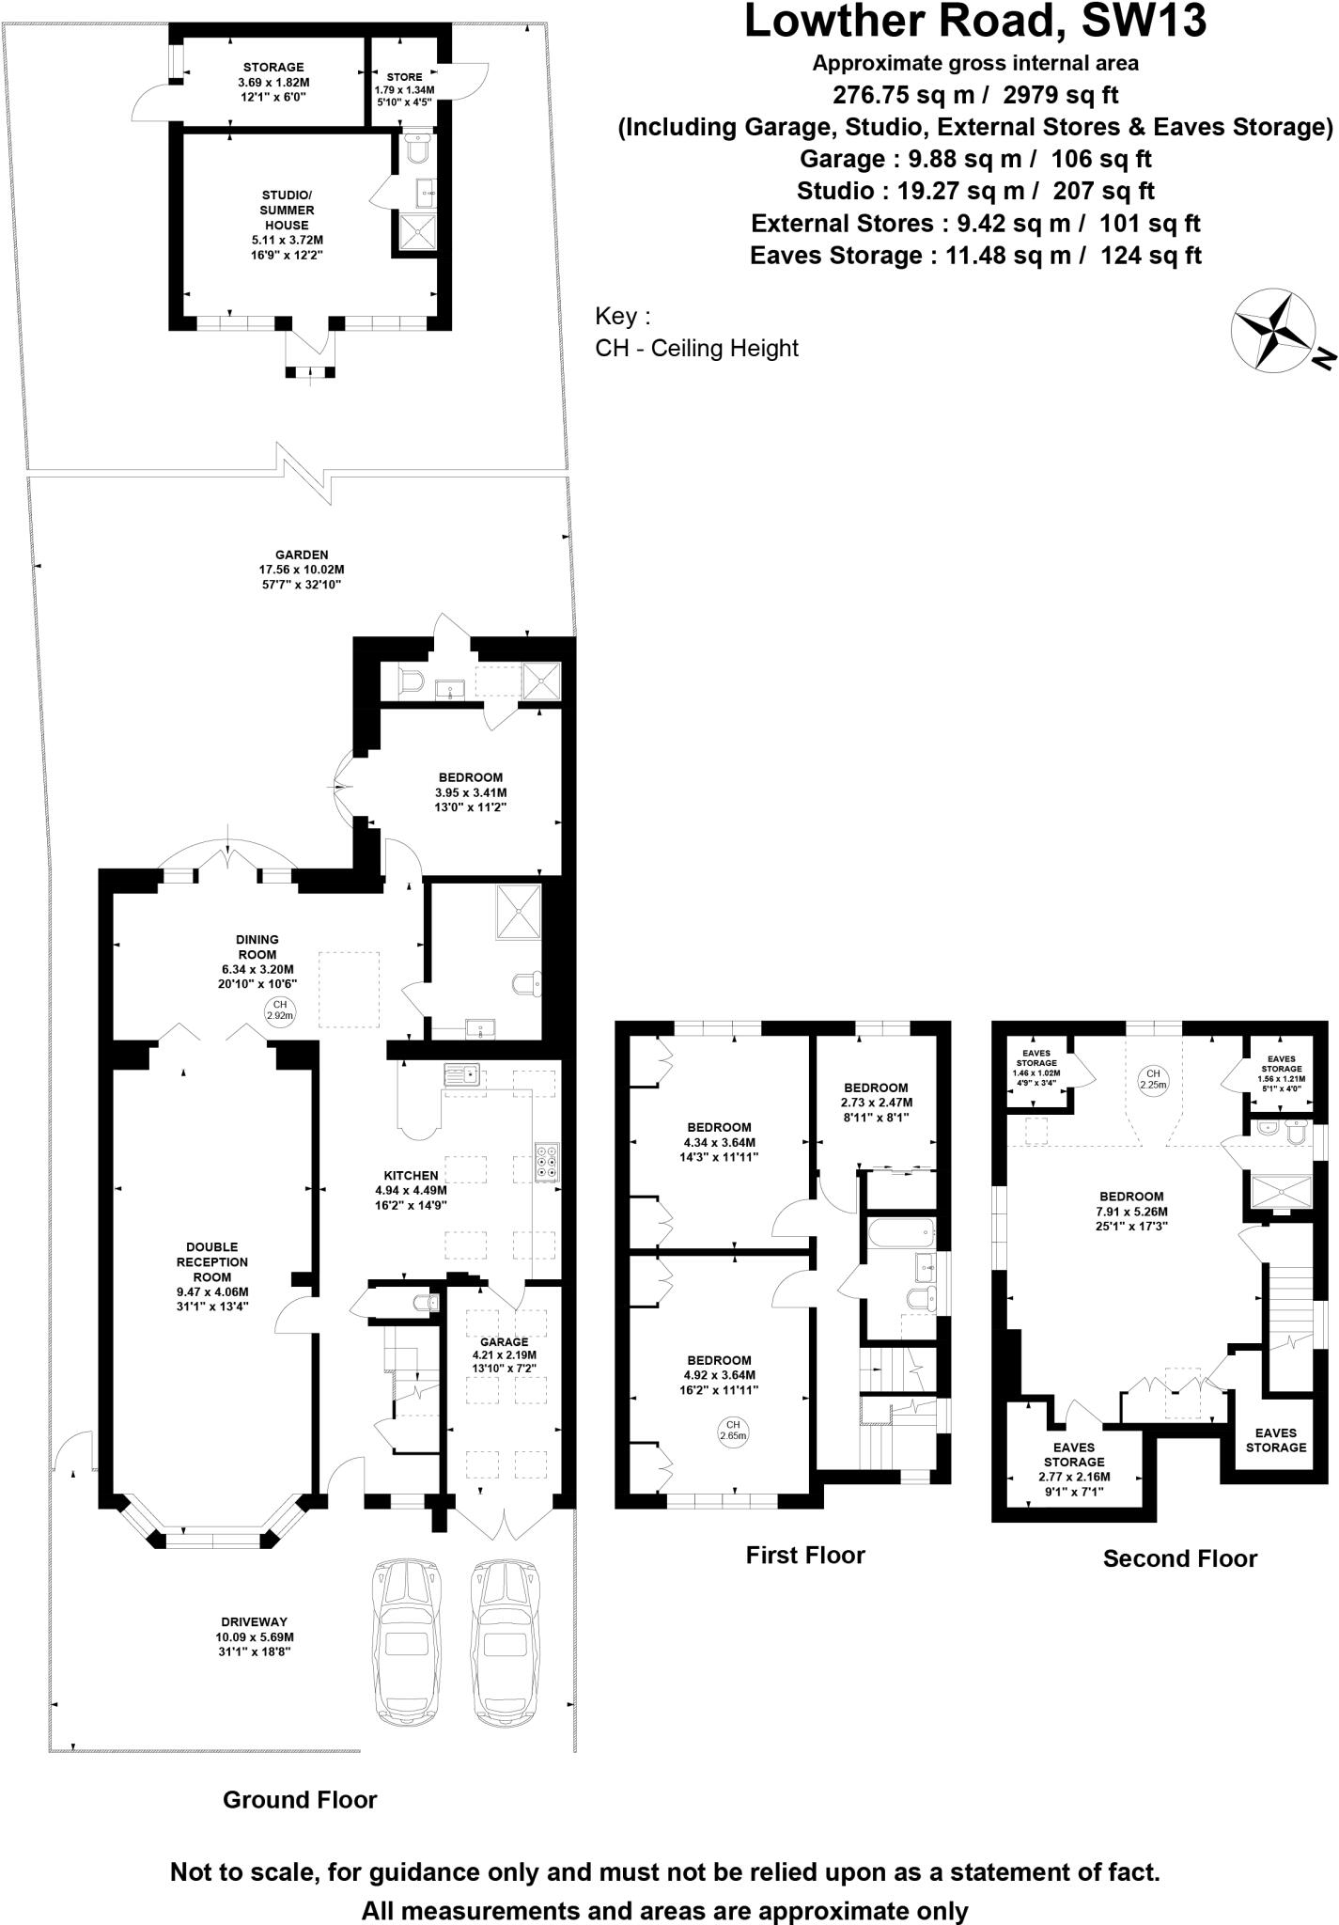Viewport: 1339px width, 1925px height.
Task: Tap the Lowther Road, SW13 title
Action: coord(974,21)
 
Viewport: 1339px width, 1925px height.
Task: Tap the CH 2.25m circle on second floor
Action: coord(1153,1078)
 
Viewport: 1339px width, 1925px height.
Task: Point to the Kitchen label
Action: coord(411,1175)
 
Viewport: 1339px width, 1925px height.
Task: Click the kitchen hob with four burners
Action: coord(547,1160)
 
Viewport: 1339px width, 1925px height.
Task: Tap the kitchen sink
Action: coord(462,1072)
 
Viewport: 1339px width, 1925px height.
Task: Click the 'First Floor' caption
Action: coord(805,1556)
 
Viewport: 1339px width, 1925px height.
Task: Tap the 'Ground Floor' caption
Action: coord(300,1799)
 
